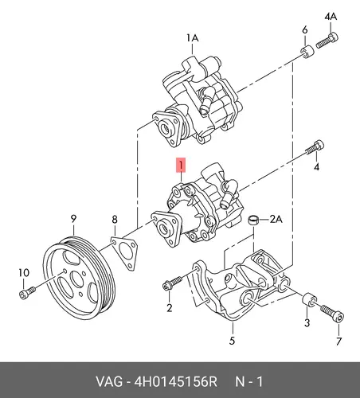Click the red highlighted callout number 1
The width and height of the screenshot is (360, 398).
tap(181, 165)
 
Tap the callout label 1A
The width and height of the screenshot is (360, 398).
tap(192, 38)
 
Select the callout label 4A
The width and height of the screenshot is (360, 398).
tap(331, 17)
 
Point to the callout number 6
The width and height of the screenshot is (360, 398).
tap(305, 29)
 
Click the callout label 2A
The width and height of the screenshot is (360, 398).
tap(276, 220)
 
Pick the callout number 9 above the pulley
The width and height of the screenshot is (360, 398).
tap(73, 219)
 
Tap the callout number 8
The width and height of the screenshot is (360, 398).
tap(115, 220)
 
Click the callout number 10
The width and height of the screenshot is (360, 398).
tap(24, 272)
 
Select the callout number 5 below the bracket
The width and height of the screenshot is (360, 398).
tap(232, 341)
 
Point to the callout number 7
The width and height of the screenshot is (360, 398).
tap(338, 341)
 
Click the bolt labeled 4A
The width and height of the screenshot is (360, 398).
tap(327, 41)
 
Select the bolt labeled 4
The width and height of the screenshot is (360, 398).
tap(315, 146)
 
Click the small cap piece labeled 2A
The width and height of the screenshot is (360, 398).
tap(253, 220)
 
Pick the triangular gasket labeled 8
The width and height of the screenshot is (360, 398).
tap(124, 253)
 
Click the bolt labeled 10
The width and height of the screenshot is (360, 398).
tap(27, 292)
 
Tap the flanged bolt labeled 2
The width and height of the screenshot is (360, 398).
tap(172, 283)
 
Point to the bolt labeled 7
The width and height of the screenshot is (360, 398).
tap(333, 314)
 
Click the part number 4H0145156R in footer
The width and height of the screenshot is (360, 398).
tap(176, 382)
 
